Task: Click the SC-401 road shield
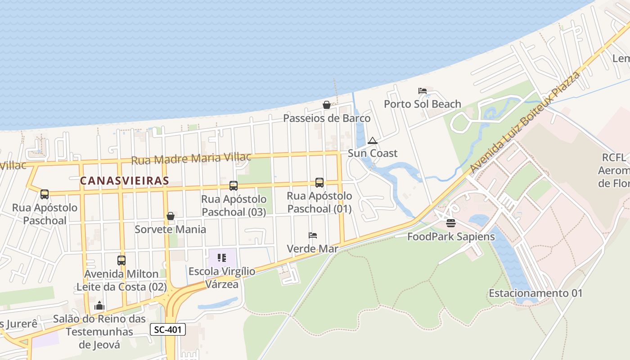point(167,330)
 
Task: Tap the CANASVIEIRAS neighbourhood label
point(124,181)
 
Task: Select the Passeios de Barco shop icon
point(327,105)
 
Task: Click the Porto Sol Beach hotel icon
point(423,91)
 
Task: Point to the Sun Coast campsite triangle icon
point(372,141)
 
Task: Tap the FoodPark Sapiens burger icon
point(451,223)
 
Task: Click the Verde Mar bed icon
point(313,235)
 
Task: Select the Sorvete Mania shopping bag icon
point(171,216)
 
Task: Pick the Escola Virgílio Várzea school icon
point(222,258)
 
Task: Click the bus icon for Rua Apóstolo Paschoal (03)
point(233,185)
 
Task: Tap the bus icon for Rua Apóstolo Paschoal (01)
point(319,182)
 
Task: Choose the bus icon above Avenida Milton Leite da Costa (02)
point(121,260)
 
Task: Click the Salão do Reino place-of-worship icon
point(99,306)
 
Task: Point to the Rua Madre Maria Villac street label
point(191,159)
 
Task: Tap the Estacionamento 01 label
point(535,293)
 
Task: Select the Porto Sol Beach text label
point(423,104)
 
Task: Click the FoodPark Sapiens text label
point(451,237)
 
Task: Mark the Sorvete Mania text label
point(171,229)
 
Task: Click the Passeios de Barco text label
point(327,118)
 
